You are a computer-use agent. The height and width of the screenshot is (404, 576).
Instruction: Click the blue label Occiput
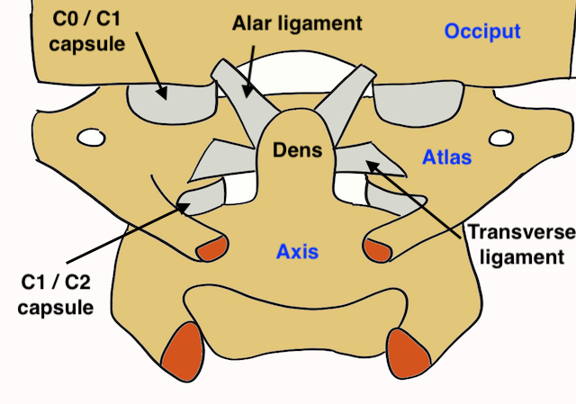[482, 32]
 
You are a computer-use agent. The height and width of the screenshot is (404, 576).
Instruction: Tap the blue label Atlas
[446, 158]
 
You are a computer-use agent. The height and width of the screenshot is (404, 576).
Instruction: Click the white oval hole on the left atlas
[90, 139]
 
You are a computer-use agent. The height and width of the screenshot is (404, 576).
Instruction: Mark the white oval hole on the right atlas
[500, 139]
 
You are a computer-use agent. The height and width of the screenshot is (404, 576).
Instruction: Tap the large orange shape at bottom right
[407, 350]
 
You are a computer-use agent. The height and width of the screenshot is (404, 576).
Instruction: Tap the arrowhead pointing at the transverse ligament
[370, 163]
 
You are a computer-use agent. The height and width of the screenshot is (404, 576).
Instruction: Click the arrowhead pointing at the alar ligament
[247, 93]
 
